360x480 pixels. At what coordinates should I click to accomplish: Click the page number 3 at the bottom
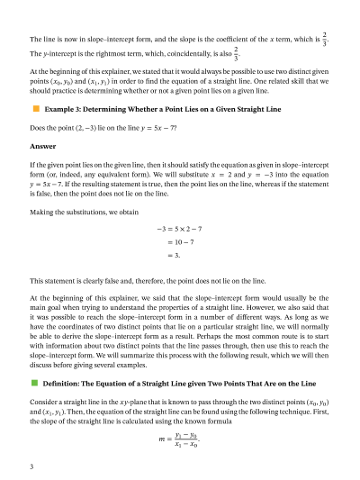(31, 467)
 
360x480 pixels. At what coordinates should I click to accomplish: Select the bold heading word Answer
(42, 145)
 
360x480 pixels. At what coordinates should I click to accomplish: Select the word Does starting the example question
(39, 128)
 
